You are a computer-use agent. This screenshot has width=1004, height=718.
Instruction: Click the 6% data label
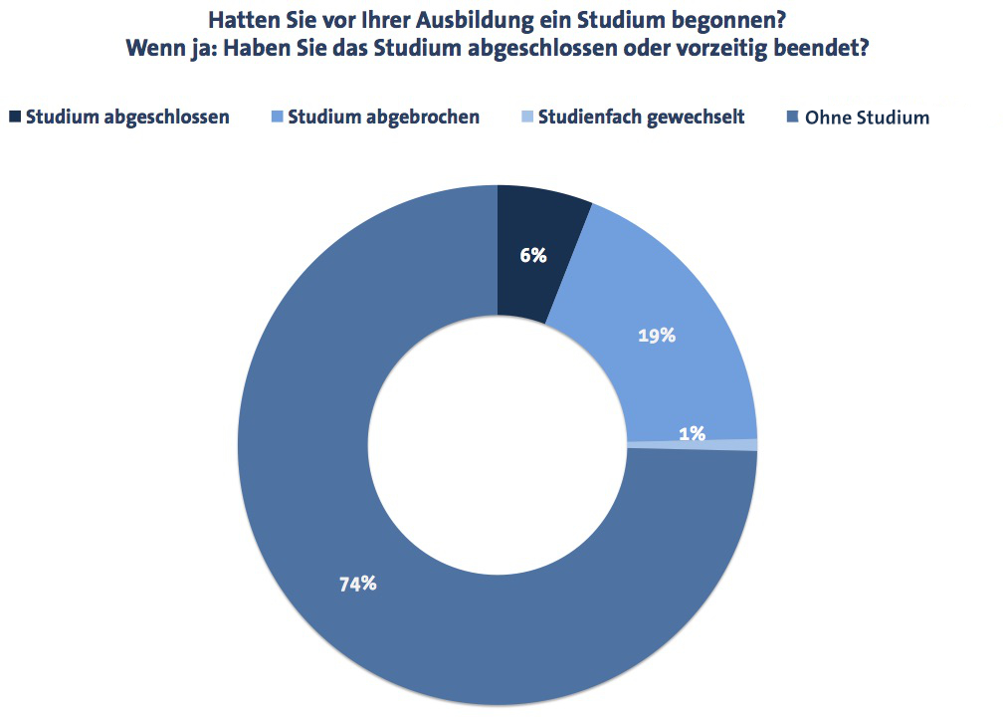[533, 255]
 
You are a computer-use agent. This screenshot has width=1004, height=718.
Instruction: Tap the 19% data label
[657, 336]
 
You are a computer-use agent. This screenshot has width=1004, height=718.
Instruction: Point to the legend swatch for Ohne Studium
[792, 117]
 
